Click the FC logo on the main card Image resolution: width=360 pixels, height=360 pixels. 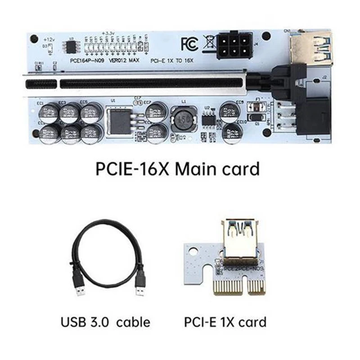[x=189, y=43]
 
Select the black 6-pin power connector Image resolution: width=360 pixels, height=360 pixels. [x=234, y=45]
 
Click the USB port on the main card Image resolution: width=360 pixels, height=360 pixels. [x=310, y=45]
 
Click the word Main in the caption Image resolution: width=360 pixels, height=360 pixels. [x=197, y=169]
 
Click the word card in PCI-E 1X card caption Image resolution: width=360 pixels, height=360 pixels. [x=252, y=322]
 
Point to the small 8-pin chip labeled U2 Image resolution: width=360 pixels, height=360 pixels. [x=208, y=119]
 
